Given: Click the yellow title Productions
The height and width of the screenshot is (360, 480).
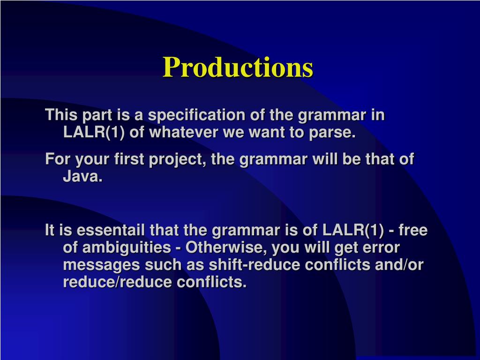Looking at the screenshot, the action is click(x=238, y=67).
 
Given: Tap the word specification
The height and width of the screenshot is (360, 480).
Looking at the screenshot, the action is click(x=196, y=115).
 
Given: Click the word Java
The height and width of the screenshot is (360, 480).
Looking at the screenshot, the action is click(x=82, y=176).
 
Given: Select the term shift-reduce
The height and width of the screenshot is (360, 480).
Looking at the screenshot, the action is click(x=254, y=265).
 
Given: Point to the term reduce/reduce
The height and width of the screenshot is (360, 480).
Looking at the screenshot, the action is click(x=117, y=282).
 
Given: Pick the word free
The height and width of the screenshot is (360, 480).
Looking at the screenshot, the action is click(x=413, y=230).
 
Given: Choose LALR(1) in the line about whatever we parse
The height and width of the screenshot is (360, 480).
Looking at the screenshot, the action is click(x=94, y=133).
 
